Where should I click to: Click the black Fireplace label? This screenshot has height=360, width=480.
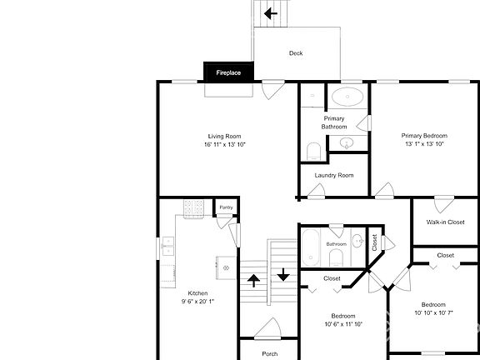[x=229, y=72]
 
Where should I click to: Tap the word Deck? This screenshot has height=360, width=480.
[x=296, y=53]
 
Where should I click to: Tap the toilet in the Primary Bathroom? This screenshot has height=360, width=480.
[x=313, y=151]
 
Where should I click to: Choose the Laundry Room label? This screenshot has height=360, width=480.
[x=334, y=175]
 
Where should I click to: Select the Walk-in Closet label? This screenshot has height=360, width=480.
[x=445, y=222]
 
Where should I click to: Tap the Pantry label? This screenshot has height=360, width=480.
[x=226, y=207]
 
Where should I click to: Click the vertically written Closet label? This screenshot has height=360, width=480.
[x=374, y=242]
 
